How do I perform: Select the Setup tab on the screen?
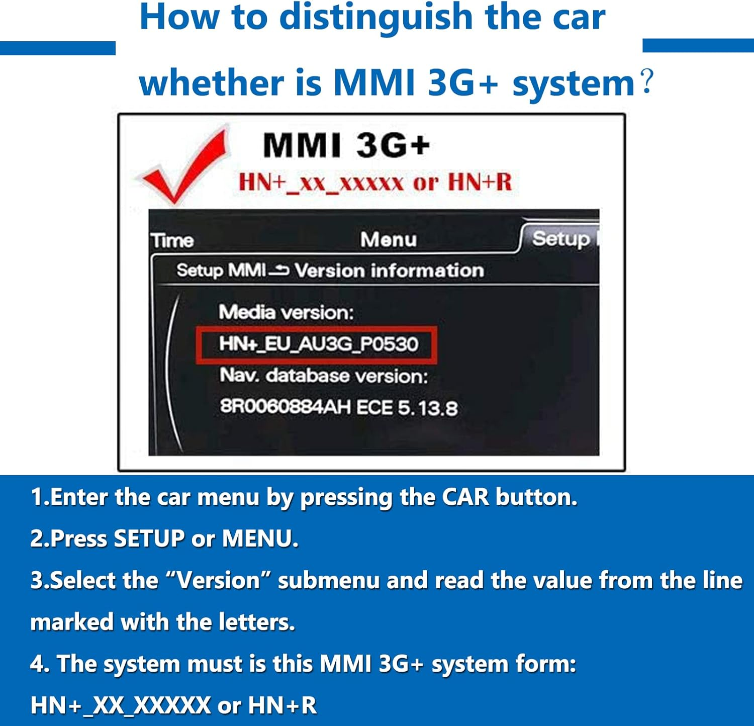560,238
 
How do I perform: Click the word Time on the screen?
172,240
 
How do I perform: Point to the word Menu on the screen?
389,239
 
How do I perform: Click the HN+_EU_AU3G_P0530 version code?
318,344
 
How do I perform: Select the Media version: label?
286,312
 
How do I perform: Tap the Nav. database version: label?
324,376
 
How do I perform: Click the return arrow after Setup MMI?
279,271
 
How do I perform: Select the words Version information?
389,270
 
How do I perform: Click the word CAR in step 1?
465,497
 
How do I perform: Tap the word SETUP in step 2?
149,538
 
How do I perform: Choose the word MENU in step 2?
259,538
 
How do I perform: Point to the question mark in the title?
647,81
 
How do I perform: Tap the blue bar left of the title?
57,48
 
